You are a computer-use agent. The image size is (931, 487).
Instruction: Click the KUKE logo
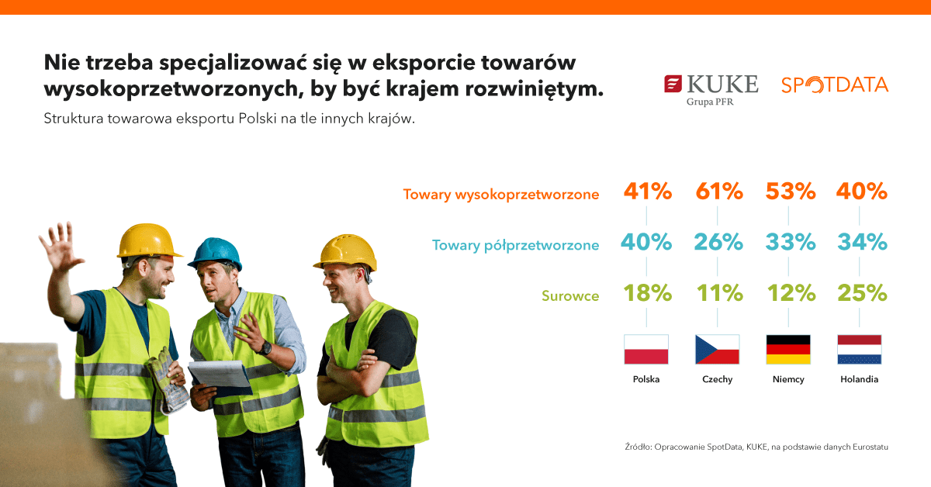pos(711,90)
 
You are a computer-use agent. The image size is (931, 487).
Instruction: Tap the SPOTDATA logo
pos(835,85)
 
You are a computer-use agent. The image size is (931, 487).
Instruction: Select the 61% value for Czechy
pos(719,192)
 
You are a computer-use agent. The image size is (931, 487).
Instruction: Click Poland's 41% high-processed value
pos(648,192)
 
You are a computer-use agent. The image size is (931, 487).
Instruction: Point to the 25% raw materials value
pos(862,293)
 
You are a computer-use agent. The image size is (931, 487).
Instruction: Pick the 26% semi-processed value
pos(718,242)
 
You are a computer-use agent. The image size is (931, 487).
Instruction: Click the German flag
pos(788,350)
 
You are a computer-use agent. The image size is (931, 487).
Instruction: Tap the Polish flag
pos(646,350)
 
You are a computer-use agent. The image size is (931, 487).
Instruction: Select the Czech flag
pos(718,350)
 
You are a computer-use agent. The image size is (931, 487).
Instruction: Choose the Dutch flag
pos(859,350)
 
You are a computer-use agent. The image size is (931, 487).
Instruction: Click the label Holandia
pos(859,379)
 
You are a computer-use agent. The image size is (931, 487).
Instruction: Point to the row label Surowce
pos(570,296)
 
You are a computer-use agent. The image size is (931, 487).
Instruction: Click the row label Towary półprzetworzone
pos(515,246)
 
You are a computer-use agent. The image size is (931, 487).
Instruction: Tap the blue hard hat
pos(215,253)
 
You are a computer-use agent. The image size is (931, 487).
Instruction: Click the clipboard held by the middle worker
pos(220,378)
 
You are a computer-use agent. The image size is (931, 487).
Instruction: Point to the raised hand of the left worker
pos(61,247)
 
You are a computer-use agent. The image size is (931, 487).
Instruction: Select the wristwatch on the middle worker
pos(265,347)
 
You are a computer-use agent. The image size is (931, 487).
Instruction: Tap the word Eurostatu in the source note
pos(870,447)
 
